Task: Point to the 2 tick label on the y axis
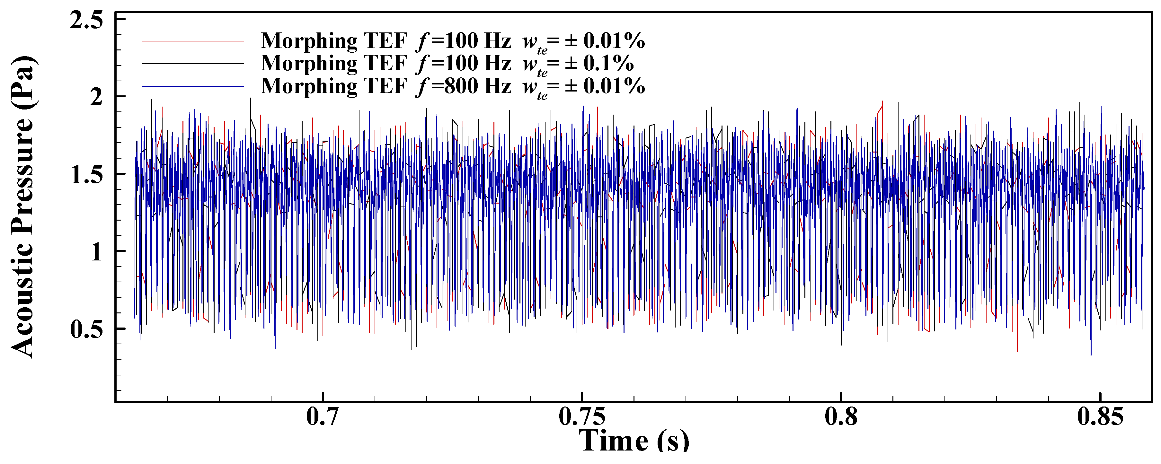coord(96,97)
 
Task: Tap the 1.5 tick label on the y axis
coord(86,174)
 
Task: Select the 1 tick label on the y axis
coord(96,252)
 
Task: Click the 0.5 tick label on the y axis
coord(86,329)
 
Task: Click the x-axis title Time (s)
coord(634,440)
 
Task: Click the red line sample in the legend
coord(193,41)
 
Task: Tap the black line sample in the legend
coord(193,64)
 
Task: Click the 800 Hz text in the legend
coord(478,86)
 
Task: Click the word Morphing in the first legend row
coord(309,41)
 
